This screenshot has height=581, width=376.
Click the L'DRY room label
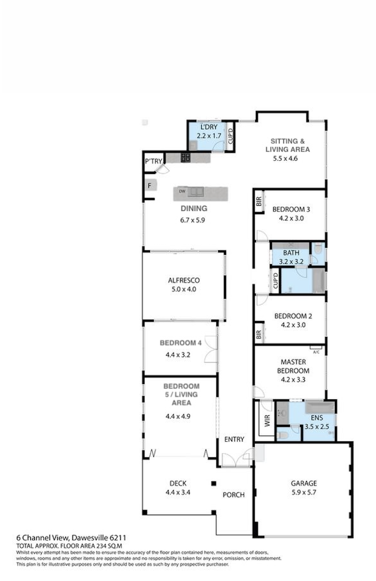point(209,127)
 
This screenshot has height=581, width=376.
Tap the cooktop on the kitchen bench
point(186,157)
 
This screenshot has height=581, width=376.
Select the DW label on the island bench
point(182,191)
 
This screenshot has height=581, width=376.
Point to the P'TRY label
point(154,162)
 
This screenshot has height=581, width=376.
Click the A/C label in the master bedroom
point(316,352)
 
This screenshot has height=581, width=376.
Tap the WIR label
point(267,421)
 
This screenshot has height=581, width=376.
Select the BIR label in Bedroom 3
point(259,201)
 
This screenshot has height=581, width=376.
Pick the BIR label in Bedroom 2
point(259,335)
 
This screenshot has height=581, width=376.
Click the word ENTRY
point(234,439)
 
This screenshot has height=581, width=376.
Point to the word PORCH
point(233,495)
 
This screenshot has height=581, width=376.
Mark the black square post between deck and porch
point(214,483)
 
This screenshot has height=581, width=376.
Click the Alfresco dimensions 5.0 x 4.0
point(184,289)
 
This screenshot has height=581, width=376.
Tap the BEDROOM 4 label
point(181,343)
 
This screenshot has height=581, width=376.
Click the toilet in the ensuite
point(282,435)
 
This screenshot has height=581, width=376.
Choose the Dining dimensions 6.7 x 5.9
point(193,220)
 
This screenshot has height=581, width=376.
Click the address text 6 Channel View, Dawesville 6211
point(71,538)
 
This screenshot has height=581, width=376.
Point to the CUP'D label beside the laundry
point(230,136)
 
